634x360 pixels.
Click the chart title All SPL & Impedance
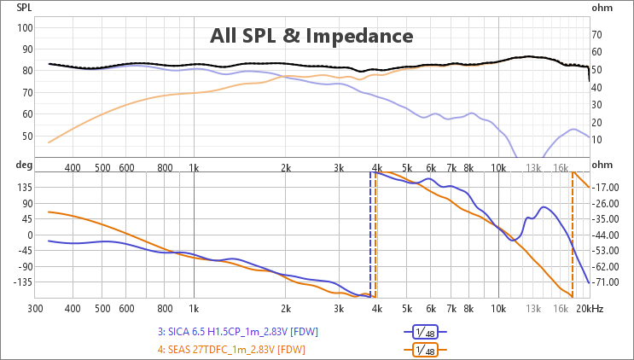tap(311, 36)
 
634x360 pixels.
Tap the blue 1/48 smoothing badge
tap(425, 332)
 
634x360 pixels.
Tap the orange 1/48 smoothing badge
tap(425, 350)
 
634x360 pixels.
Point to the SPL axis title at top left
tap(24, 8)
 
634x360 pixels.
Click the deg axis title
tap(23, 165)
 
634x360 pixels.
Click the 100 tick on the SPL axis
tap(25, 28)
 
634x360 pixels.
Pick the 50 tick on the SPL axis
tap(27, 136)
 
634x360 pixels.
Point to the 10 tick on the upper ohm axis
tap(596, 140)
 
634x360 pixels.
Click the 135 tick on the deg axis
tap(25, 188)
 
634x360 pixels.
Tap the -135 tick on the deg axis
tap(23, 282)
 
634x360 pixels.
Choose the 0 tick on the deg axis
tap(30, 235)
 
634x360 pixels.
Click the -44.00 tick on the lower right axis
tap(605, 235)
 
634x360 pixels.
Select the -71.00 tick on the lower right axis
tap(605, 282)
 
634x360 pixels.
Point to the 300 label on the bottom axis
tap(35, 309)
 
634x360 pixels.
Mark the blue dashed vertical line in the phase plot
tap(370, 235)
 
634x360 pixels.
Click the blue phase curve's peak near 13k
tap(543, 206)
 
